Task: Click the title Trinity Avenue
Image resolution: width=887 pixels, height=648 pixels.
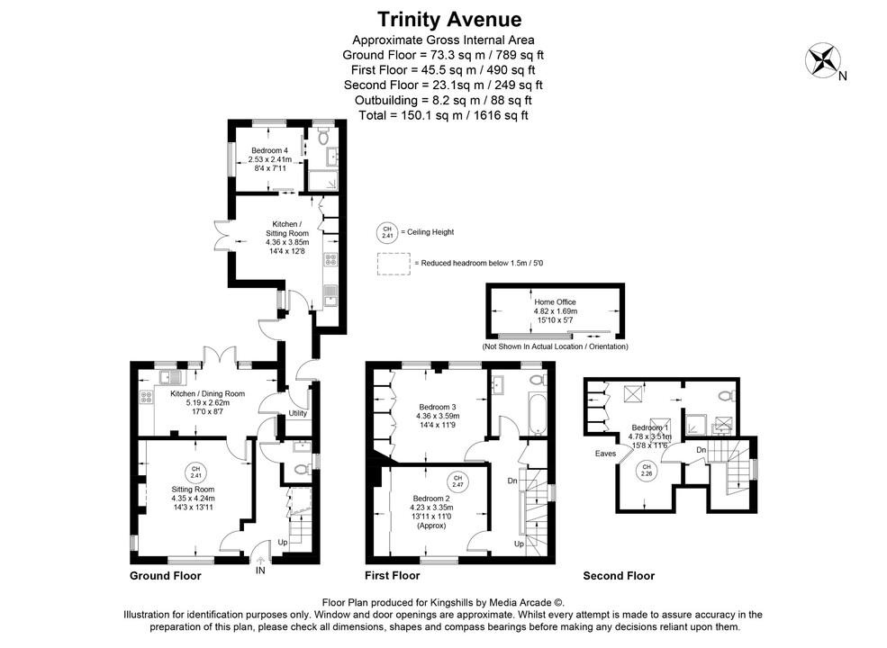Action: pyautogui.click(x=443, y=19)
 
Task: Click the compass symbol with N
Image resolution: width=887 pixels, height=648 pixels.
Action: pyautogui.click(x=823, y=60)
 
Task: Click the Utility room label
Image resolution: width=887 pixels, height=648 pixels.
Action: pyautogui.click(x=298, y=413)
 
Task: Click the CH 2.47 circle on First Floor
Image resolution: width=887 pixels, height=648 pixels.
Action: pyautogui.click(x=457, y=480)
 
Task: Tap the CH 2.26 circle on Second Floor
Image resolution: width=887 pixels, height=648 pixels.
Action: pyautogui.click(x=646, y=470)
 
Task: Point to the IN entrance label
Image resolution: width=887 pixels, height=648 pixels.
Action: pyautogui.click(x=260, y=571)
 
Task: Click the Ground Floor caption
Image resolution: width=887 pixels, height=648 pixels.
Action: pyautogui.click(x=166, y=576)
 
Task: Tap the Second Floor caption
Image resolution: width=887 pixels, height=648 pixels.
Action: pyautogui.click(x=619, y=576)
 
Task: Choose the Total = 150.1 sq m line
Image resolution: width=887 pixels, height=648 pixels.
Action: pyautogui.click(x=443, y=115)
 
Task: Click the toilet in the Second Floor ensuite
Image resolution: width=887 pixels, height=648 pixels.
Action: pyautogui.click(x=726, y=395)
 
